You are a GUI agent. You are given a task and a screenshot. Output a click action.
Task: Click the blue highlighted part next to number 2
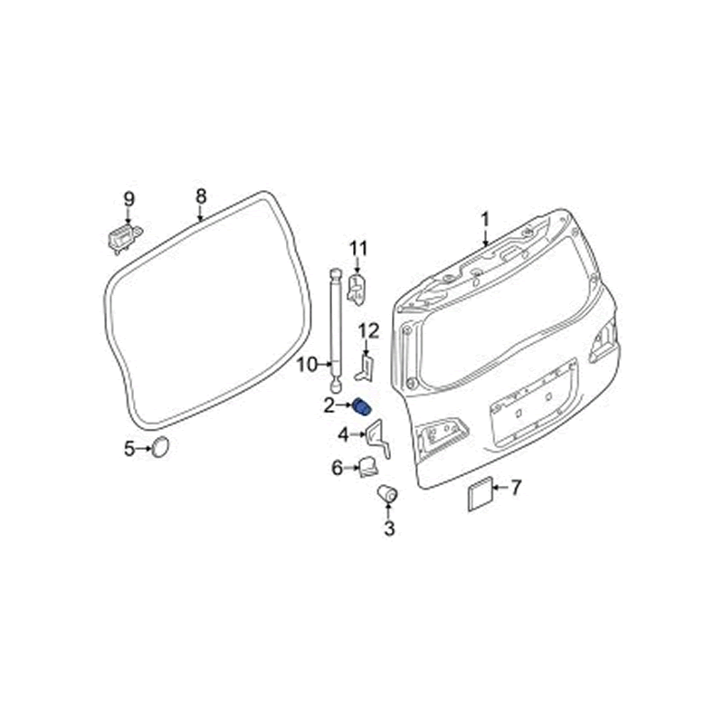tap(361, 406)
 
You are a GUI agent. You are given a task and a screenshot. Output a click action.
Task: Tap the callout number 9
tap(129, 199)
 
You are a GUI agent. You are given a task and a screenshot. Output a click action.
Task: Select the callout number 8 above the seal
tap(200, 196)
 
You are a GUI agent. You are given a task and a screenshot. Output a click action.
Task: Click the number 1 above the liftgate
tap(485, 220)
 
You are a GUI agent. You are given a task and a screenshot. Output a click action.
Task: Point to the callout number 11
tap(358, 250)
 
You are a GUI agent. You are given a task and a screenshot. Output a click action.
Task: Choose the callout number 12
tap(369, 331)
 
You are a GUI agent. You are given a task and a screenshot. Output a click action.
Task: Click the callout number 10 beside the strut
tap(307, 366)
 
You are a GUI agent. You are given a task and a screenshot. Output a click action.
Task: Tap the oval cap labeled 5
tap(161, 447)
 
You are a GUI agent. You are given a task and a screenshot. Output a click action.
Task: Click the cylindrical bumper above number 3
tap(388, 493)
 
